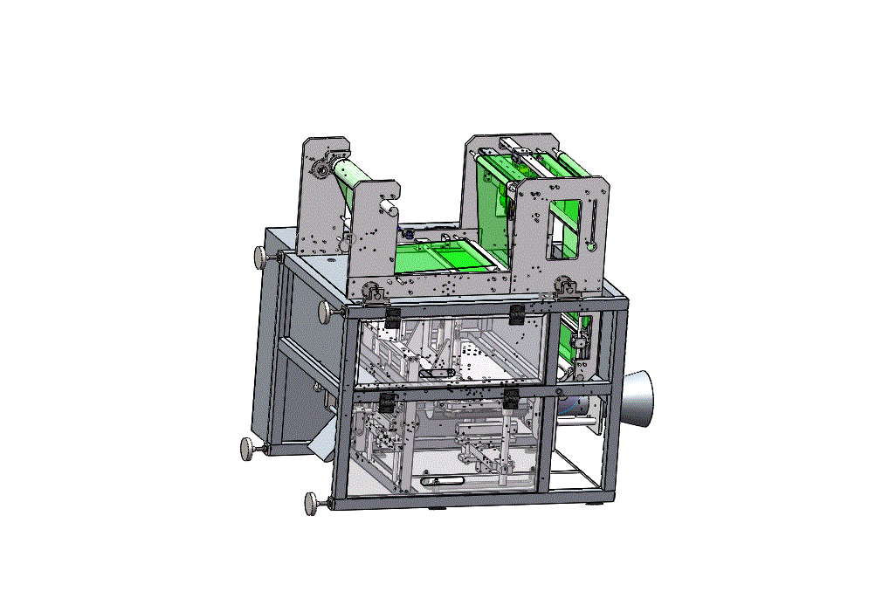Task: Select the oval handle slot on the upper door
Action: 436,373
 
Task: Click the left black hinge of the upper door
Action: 392,317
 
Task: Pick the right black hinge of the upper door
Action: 516,314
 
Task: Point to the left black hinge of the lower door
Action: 385,402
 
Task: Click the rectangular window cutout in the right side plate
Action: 564,230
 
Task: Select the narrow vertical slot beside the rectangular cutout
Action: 592,225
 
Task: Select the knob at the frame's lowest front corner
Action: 312,503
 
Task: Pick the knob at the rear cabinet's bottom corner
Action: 249,449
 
